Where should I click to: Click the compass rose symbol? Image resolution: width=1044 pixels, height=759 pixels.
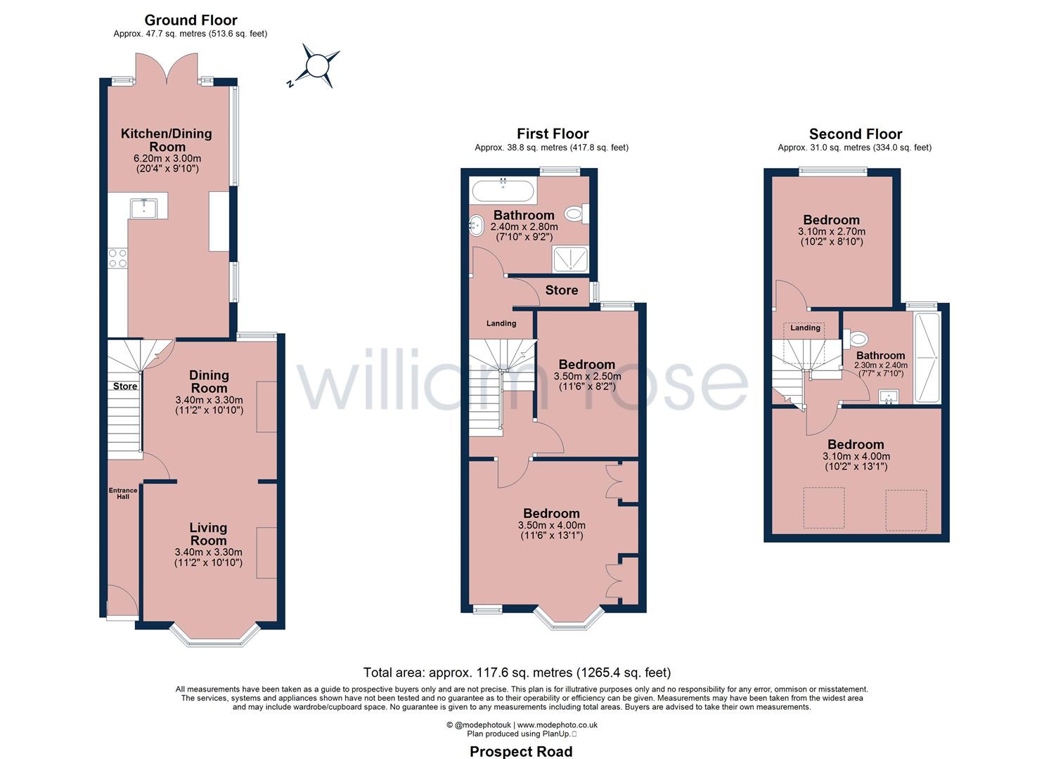click(x=316, y=66)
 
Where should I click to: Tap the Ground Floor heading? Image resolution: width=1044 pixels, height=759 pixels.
click(x=191, y=20)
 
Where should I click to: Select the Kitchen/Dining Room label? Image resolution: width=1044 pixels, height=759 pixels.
click(x=167, y=140)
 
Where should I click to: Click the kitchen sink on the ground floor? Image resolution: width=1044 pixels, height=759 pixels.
click(x=144, y=208)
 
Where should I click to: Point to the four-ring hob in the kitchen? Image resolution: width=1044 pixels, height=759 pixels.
click(x=117, y=258)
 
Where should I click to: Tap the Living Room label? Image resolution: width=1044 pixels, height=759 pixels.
click(x=208, y=534)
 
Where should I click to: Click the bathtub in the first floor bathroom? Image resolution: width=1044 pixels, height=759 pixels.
click(x=503, y=190)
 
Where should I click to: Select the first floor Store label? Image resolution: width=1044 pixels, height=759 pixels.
click(x=561, y=290)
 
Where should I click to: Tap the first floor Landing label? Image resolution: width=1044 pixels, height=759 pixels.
click(x=501, y=323)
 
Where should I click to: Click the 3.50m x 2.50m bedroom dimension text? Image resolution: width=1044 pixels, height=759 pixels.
click(x=587, y=377)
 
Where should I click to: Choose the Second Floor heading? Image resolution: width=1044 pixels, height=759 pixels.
click(x=855, y=134)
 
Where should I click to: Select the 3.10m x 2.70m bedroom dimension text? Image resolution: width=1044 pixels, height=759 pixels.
click(x=831, y=232)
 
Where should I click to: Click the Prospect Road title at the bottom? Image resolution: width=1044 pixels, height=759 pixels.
click(x=521, y=751)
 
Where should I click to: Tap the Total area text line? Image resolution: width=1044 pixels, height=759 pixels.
click(x=517, y=673)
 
